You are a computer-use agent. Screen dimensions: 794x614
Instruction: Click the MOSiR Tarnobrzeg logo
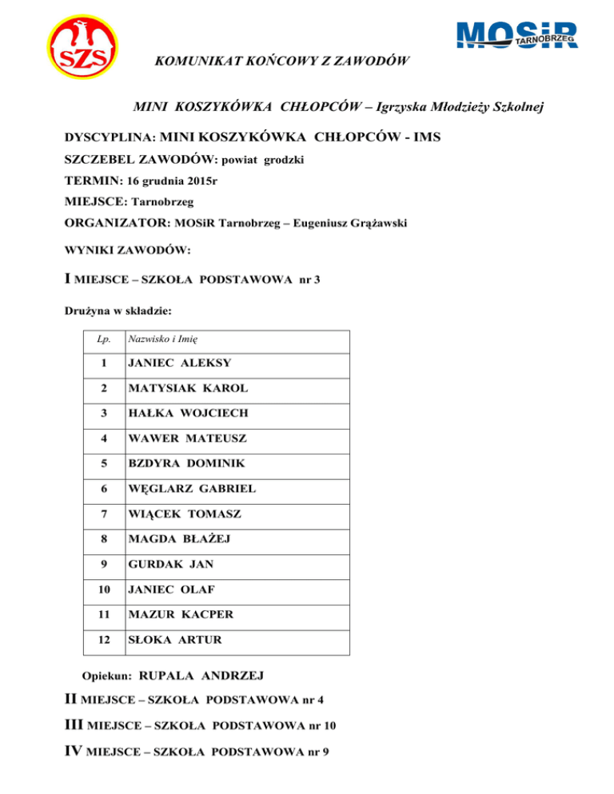[x=516, y=35]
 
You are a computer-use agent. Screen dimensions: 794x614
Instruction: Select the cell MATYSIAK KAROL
[x=187, y=388]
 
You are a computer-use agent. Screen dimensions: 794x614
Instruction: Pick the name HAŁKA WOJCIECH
[x=188, y=413]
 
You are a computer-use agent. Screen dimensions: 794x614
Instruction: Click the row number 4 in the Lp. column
[x=102, y=439]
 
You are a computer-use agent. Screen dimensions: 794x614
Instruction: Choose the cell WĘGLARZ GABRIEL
[x=191, y=489]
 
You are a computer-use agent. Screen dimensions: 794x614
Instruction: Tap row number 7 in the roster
[x=102, y=514]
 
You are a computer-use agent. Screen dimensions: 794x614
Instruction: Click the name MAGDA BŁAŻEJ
[x=180, y=539]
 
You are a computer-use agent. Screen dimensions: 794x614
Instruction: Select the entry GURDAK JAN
[x=169, y=565]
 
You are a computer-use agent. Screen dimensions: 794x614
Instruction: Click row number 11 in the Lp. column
[x=102, y=615]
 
